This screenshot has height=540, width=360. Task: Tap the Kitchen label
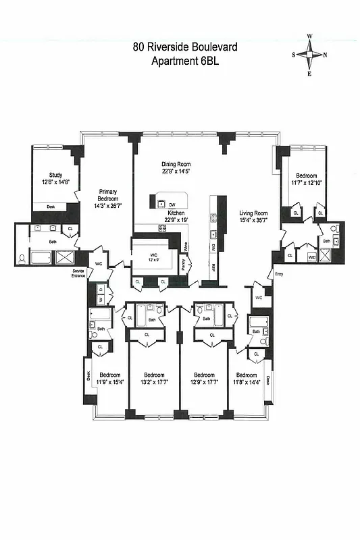[176, 213]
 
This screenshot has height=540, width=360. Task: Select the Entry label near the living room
[278, 273]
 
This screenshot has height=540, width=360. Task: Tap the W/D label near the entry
[311, 256]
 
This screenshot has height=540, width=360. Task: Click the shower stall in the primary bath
[65, 257]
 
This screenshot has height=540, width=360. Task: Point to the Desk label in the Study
[50, 207]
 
